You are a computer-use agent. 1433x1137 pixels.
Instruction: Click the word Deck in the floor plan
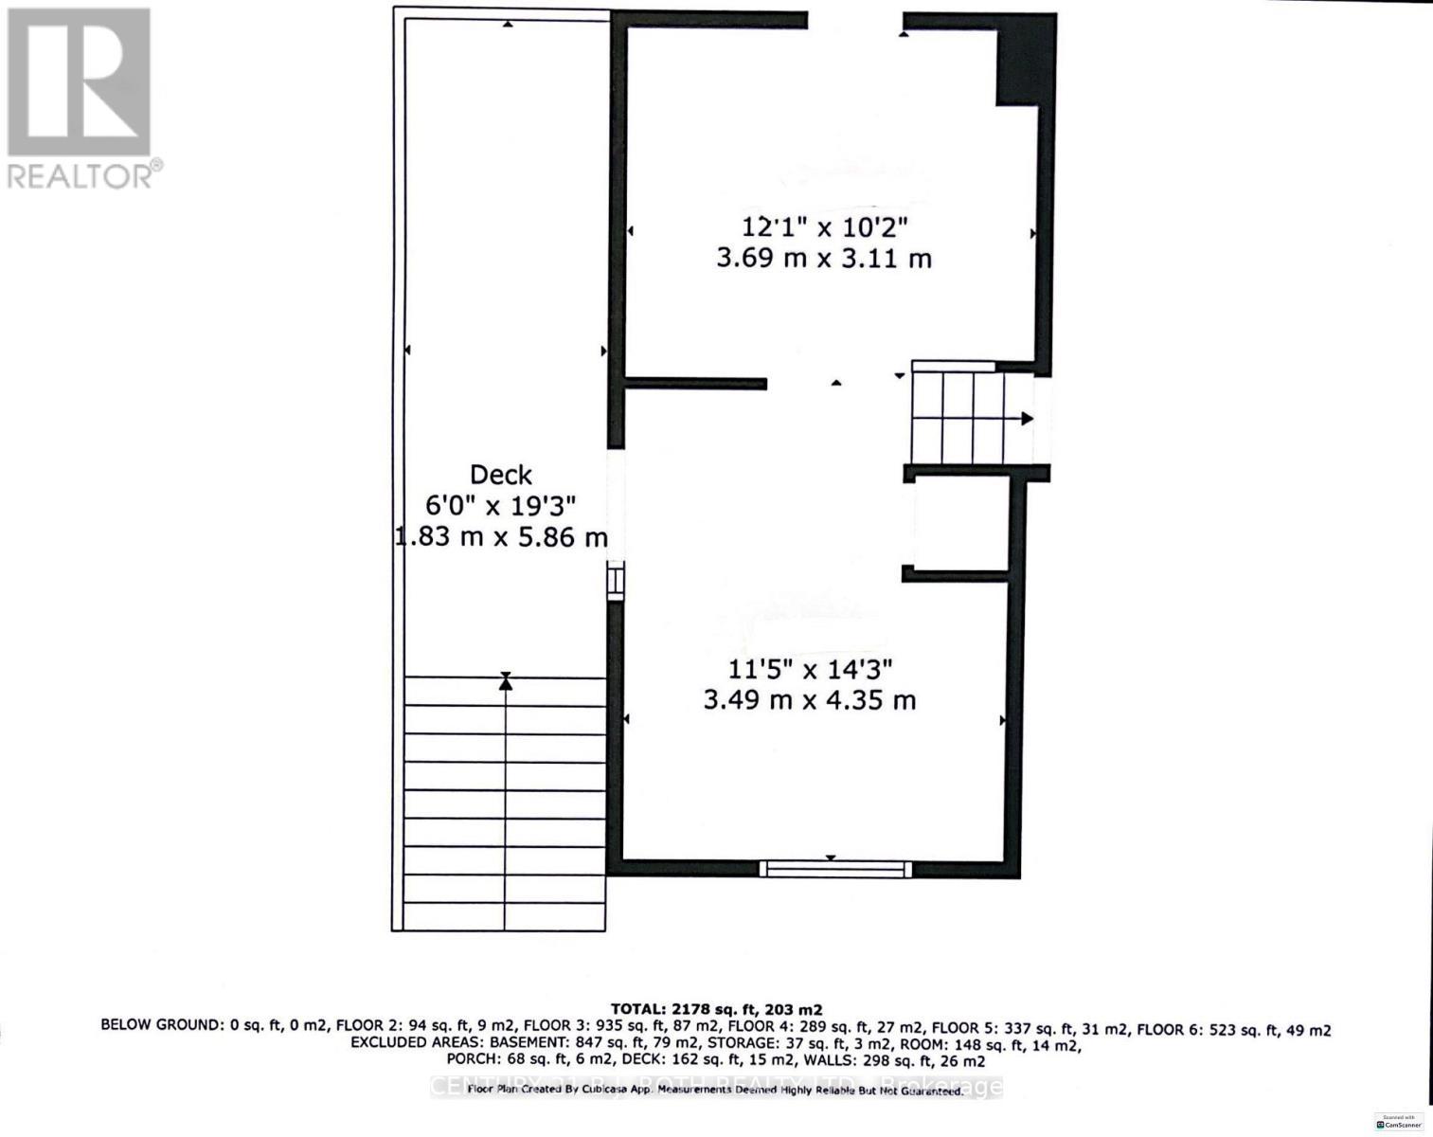501,475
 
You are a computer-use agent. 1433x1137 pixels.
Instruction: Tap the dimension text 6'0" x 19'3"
500,505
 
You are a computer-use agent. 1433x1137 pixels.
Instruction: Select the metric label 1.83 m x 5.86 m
501,537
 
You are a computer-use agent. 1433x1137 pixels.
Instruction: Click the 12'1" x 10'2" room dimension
824,227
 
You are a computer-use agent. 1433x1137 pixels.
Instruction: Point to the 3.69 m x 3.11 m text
824,258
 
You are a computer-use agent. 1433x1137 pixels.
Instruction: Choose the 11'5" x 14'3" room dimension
810,670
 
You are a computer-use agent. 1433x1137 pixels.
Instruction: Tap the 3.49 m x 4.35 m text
810,700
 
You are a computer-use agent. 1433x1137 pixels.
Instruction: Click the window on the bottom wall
835,868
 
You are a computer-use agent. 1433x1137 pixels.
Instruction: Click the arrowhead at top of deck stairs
506,680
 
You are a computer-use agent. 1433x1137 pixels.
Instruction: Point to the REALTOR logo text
84,175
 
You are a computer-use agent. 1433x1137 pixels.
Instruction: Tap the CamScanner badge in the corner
1398,1122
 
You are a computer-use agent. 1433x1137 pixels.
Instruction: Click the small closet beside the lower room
959,524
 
